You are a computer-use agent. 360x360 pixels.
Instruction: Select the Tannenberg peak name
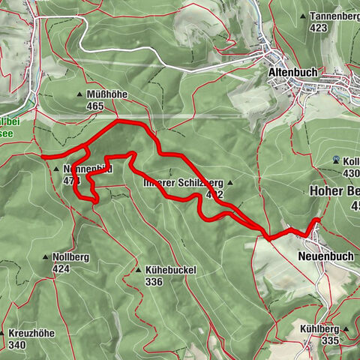click(x=334, y=16)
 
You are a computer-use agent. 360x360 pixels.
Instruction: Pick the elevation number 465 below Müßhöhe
click(x=94, y=106)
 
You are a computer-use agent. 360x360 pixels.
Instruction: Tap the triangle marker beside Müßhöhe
click(x=80, y=94)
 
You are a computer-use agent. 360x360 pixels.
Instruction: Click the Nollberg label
click(x=71, y=257)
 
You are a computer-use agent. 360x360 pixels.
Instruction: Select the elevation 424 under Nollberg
click(x=62, y=268)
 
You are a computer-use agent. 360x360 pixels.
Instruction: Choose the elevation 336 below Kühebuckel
click(x=154, y=282)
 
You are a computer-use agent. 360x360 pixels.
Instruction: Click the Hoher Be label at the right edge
click(x=334, y=191)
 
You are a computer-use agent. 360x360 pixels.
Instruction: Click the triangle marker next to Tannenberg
click(x=302, y=16)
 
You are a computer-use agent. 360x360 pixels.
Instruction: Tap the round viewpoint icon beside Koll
click(x=335, y=160)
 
